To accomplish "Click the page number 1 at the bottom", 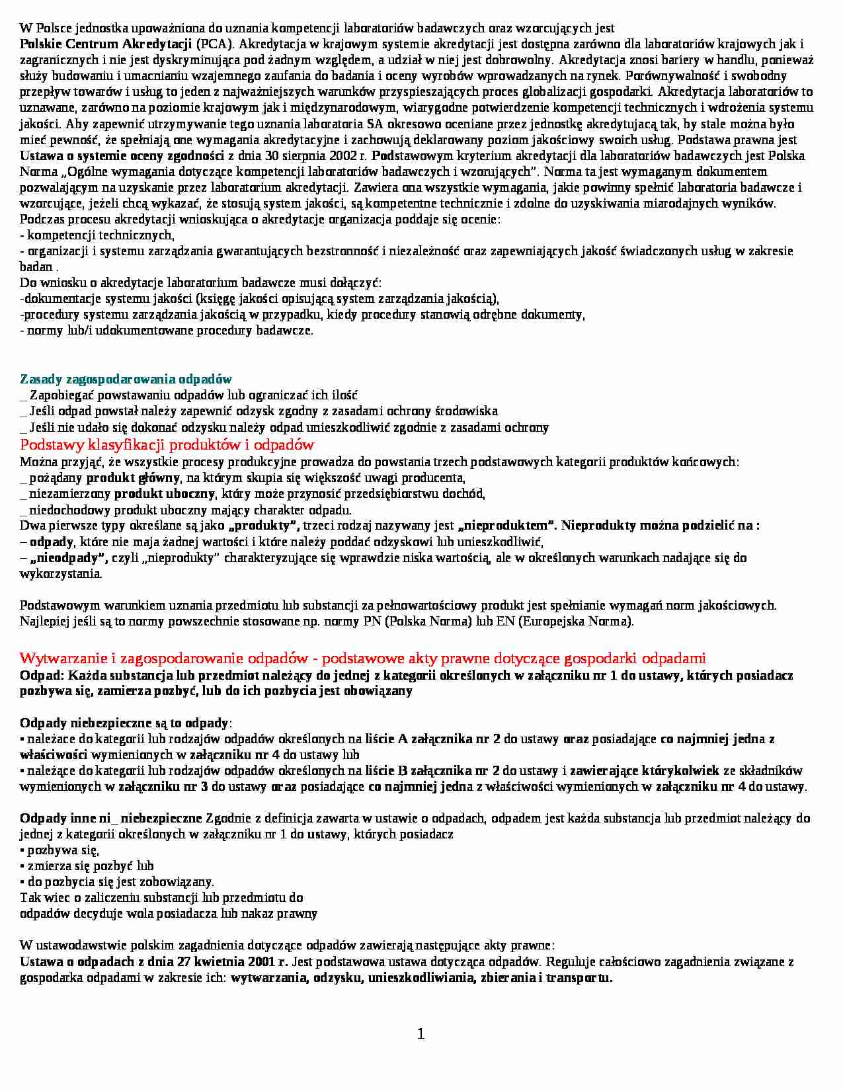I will pos(421,1034).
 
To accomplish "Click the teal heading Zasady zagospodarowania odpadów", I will pos(126,379).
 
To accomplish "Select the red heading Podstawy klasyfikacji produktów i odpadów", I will pos(167,444).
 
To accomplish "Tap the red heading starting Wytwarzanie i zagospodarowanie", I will pos(362,658).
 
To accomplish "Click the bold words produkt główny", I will pos(133,478).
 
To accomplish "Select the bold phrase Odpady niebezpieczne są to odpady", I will pos(124,723).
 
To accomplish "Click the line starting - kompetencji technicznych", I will pos(97,235).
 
